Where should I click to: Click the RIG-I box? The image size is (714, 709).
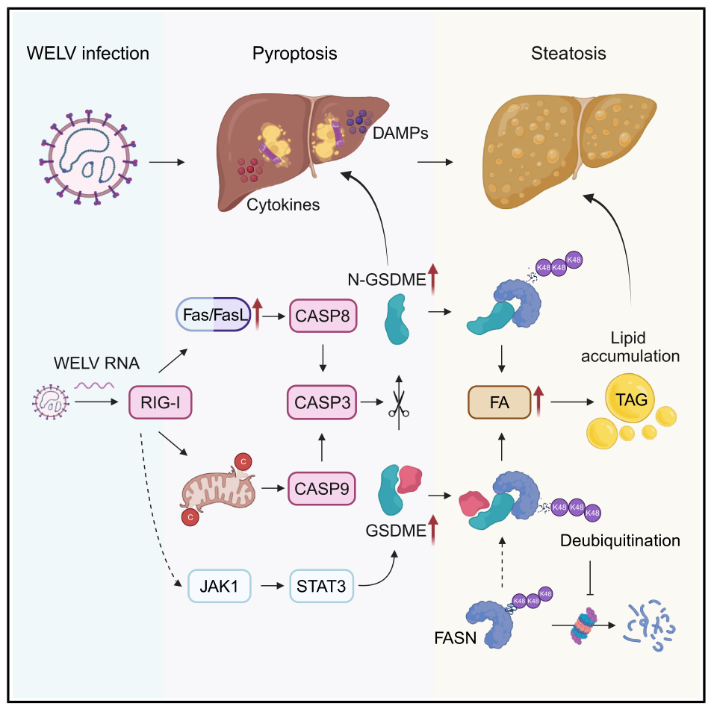click(161, 402)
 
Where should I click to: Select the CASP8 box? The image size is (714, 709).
click(323, 316)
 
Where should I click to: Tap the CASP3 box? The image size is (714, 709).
click(322, 402)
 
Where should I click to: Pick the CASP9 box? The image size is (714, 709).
click(321, 489)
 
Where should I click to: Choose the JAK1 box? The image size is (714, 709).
click(219, 586)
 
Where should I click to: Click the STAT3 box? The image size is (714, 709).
click(321, 586)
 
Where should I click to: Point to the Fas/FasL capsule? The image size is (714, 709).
click(214, 314)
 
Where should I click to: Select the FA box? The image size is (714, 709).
click(500, 402)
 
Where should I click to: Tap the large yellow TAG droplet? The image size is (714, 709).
click(630, 399)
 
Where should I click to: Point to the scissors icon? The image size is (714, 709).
click(398, 403)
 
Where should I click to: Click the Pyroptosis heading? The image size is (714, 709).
click(294, 54)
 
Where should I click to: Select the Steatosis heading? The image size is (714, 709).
click(568, 53)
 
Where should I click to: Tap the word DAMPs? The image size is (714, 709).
click(400, 133)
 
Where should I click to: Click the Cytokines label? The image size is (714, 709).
click(283, 204)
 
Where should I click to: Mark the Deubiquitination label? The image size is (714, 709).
click(620, 540)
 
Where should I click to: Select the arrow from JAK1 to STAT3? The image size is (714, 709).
click(273, 586)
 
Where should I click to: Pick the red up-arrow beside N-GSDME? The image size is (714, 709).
click(432, 278)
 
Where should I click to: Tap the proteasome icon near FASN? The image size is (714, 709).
click(584, 625)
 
